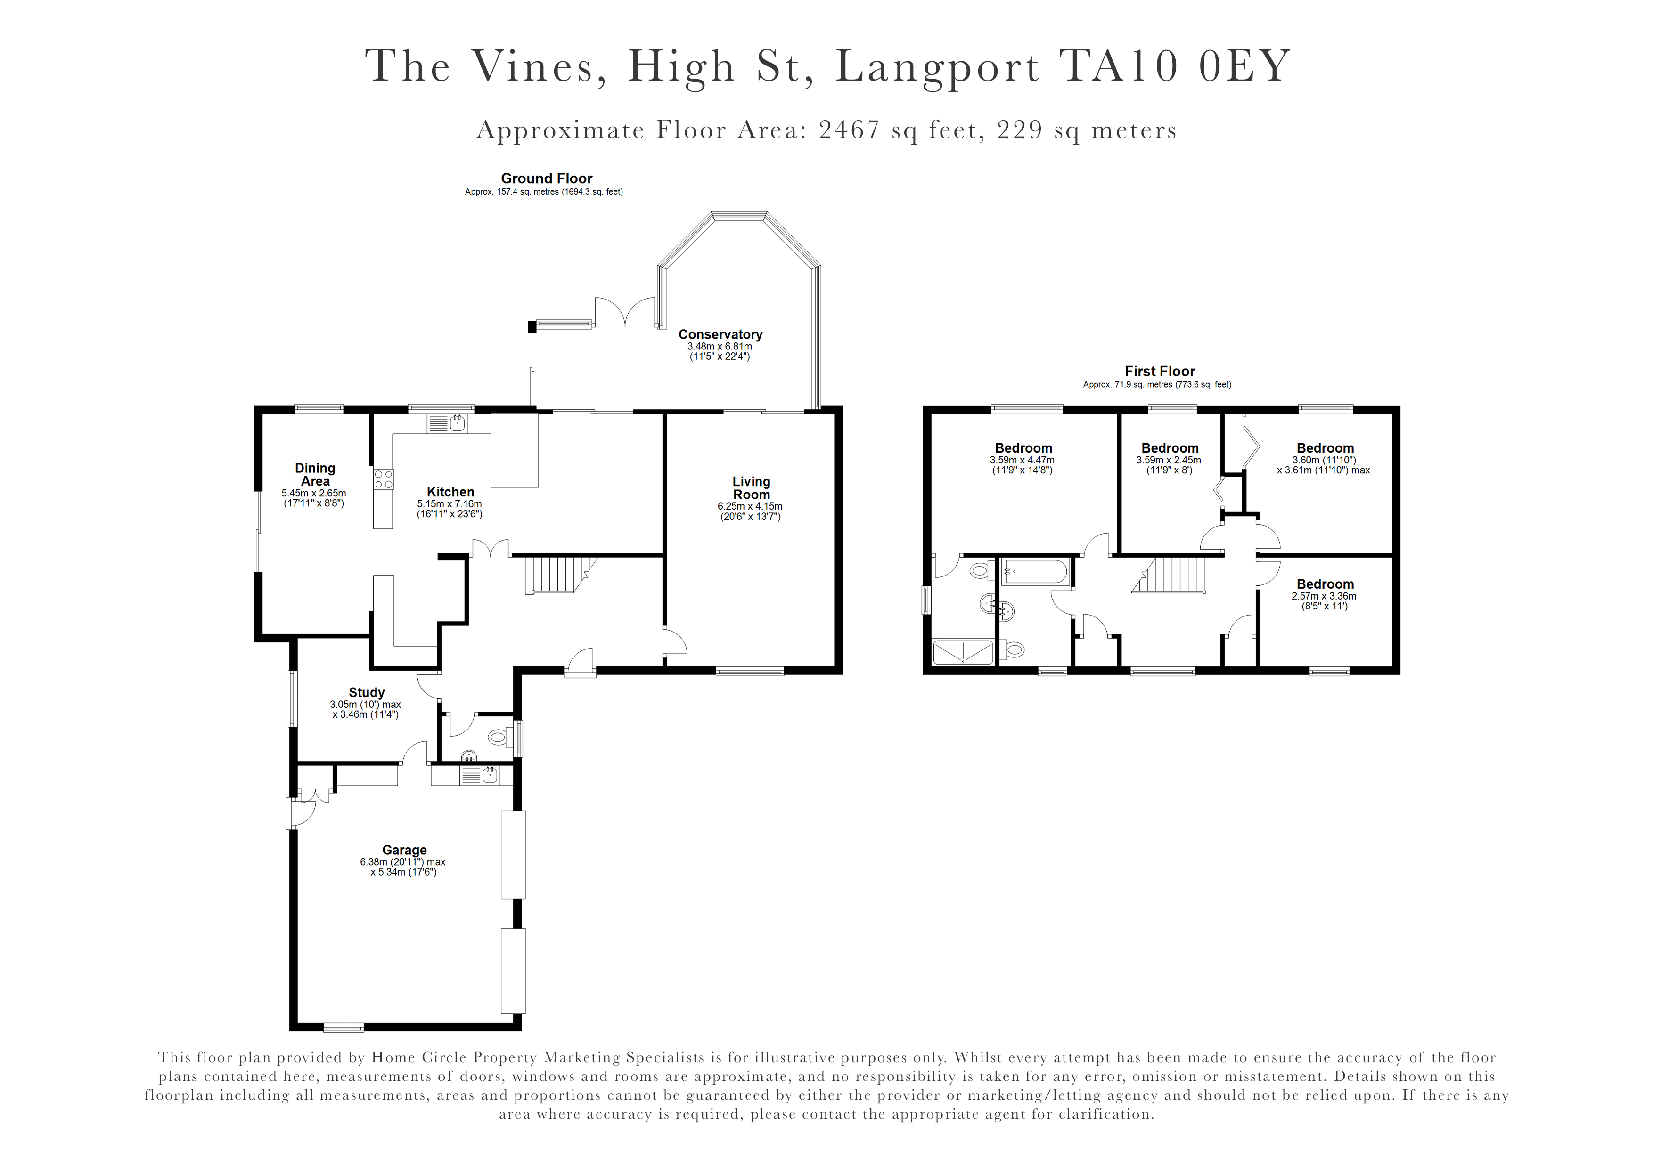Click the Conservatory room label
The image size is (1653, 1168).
(720, 335)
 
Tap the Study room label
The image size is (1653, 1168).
(367, 692)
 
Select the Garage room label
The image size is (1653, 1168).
(405, 850)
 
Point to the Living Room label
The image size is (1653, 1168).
(751, 488)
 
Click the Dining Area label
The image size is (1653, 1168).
(315, 474)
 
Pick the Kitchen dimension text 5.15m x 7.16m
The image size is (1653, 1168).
(450, 504)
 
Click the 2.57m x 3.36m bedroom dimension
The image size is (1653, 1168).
(1324, 596)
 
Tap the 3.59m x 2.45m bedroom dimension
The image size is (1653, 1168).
(1169, 460)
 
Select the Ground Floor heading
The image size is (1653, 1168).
(547, 178)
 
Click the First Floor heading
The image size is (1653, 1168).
(1160, 371)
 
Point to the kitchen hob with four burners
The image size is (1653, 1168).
(383, 479)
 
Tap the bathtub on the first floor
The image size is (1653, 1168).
(1035, 572)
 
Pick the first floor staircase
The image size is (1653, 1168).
(1169, 575)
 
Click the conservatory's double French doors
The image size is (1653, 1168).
(624, 312)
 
